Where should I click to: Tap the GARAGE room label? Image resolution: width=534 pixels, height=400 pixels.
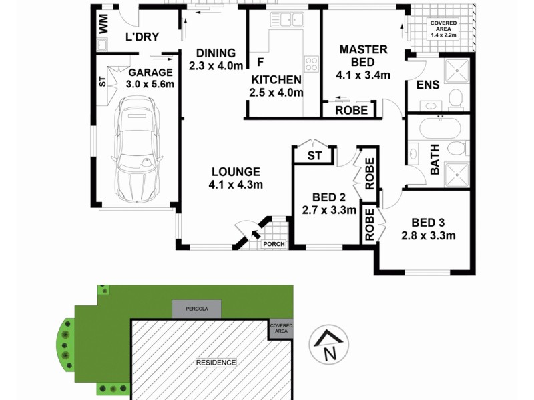150,78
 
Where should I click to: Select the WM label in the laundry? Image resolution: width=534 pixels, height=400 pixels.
103,24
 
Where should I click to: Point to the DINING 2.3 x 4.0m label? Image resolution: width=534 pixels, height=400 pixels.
212,59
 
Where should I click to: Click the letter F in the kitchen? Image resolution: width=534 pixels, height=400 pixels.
260,63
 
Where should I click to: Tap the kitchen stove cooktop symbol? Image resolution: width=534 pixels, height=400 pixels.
312,64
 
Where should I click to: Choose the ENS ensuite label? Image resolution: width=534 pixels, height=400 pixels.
427,85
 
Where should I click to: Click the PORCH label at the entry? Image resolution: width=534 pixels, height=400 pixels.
274,244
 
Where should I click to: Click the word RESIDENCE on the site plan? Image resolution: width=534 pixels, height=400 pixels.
216,362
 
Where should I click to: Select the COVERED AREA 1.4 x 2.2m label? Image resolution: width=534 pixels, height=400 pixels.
443,29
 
